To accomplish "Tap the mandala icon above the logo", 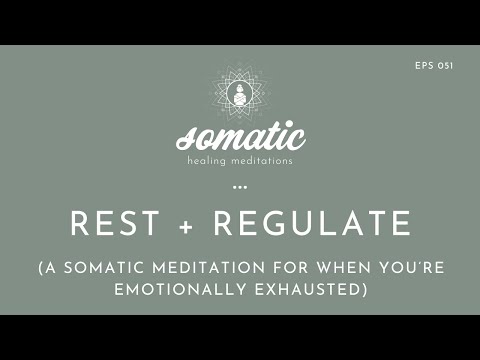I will point(240,93).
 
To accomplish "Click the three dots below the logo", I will point(240,186).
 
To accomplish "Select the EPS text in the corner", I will point(424,65).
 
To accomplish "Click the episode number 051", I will point(448,65).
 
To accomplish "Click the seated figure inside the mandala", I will point(240,95).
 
